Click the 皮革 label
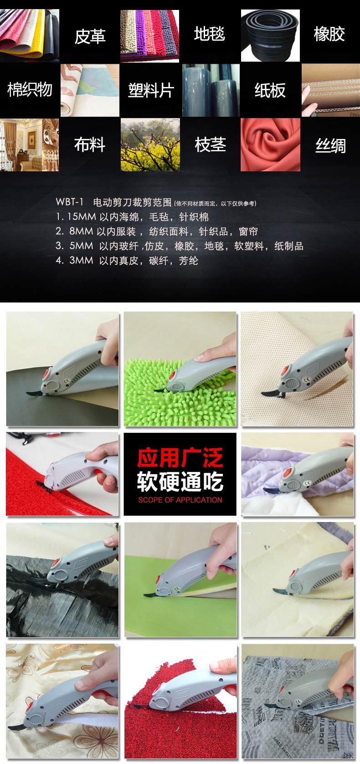(x=90, y=36)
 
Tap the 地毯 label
(x=210, y=34)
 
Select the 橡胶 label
(x=329, y=34)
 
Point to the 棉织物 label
(x=30, y=90)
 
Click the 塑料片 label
(x=151, y=90)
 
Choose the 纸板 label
(x=270, y=90)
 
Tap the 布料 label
(x=90, y=144)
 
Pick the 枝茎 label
(x=210, y=144)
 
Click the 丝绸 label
(x=330, y=146)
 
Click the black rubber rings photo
(x=270, y=36)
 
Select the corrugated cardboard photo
(x=331, y=90)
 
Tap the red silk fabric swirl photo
(x=270, y=144)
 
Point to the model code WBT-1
(x=70, y=202)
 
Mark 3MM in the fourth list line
(x=81, y=260)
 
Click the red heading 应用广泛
(x=180, y=458)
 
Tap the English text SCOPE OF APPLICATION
(x=180, y=500)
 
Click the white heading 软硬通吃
(x=180, y=481)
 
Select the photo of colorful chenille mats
(x=149, y=36)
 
